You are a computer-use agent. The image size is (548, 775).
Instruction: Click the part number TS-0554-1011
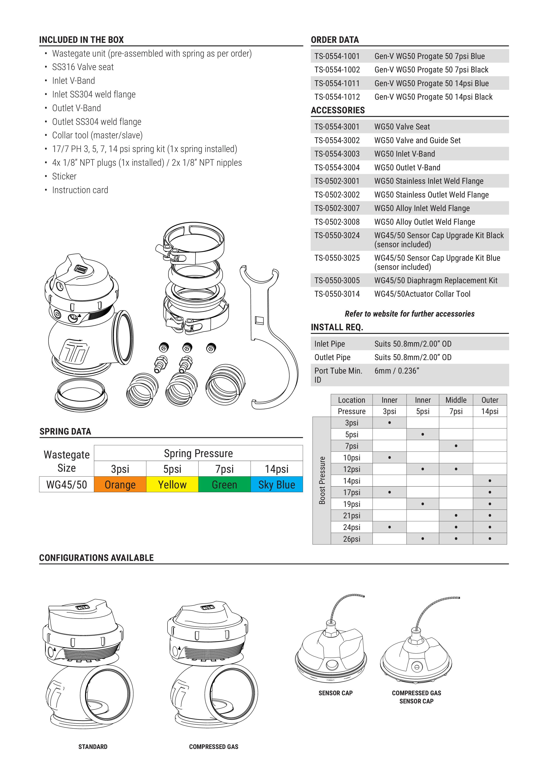(x=337, y=83)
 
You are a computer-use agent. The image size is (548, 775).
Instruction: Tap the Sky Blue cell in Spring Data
(x=276, y=484)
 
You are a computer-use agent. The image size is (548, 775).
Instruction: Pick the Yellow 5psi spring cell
(x=172, y=484)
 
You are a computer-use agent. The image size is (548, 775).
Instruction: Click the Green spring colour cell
(x=224, y=484)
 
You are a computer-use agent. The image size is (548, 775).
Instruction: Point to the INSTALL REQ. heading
(x=337, y=327)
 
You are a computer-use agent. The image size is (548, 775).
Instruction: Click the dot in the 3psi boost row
(x=389, y=423)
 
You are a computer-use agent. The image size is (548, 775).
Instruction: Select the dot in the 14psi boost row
(x=490, y=481)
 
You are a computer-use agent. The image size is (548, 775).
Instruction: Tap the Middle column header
(x=456, y=400)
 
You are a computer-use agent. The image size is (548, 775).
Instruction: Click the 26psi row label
(x=352, y=539)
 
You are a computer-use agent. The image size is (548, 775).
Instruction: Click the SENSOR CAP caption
(x=335, y=693)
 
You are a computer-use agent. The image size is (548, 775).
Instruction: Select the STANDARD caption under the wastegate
(x=93, y=747)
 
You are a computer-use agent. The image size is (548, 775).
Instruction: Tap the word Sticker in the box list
(x=64, y=176)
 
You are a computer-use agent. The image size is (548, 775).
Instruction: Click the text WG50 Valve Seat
(x=402, y=127)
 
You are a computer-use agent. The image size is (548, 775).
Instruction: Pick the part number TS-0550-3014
(x=337, y=294)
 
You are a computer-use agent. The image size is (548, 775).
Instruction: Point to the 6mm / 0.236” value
(x=397, y=371)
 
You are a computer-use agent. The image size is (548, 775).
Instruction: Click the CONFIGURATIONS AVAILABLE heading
(x=96, y=558)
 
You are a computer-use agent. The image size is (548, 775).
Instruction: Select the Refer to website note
(x=409, y=314)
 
